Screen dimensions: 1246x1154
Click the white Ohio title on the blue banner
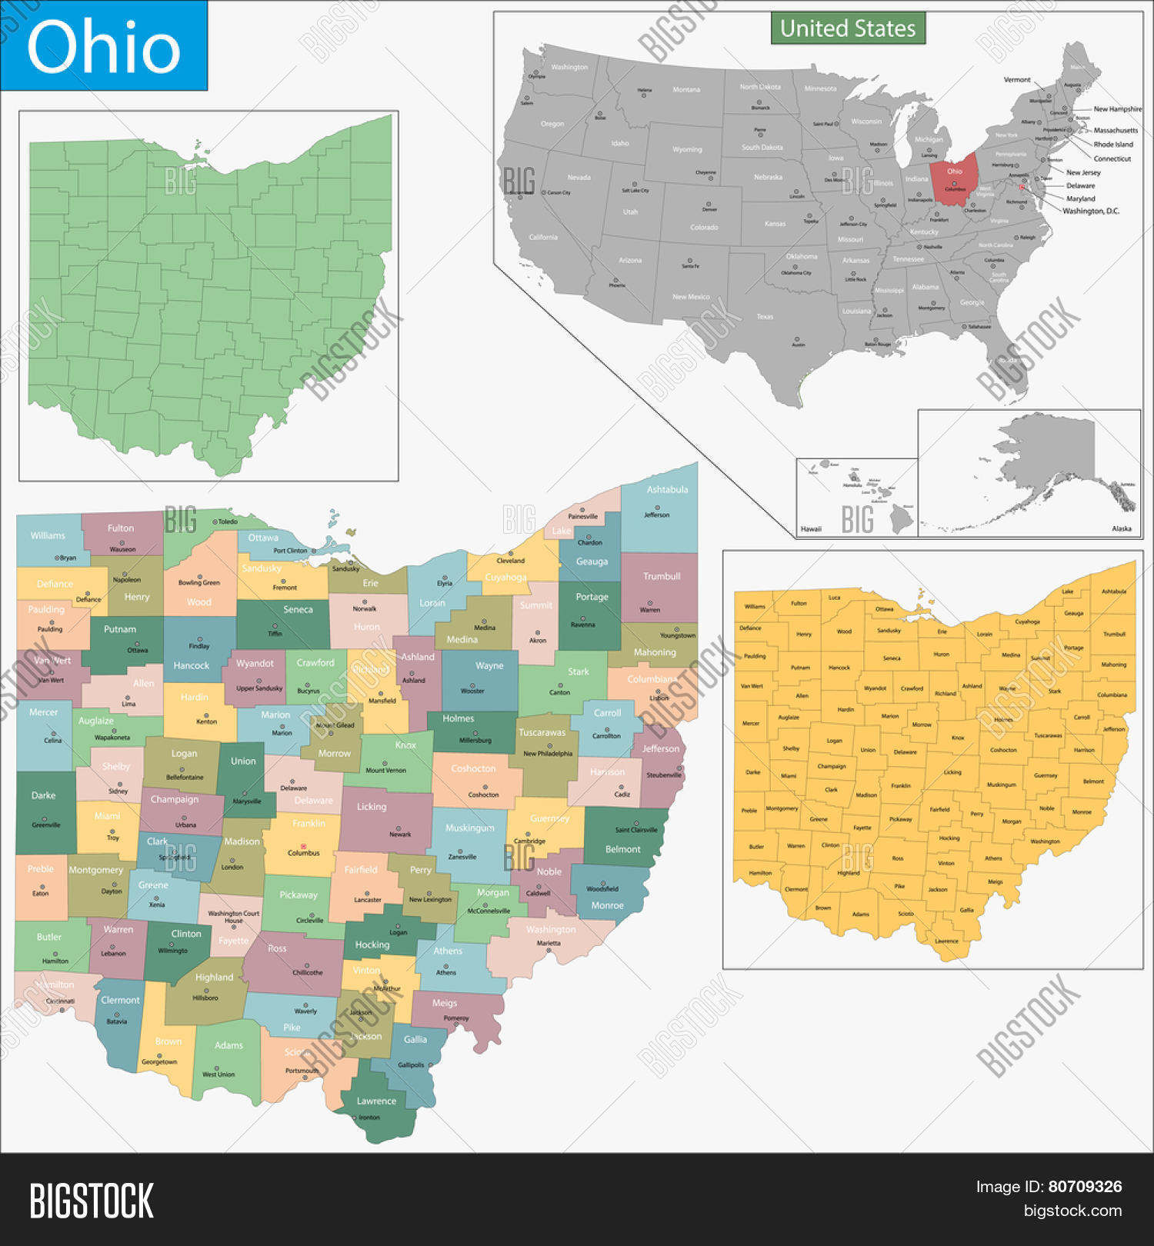(103, 46)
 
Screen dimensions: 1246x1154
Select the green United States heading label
(848, 28)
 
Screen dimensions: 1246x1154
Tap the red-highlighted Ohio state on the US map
(955, 179)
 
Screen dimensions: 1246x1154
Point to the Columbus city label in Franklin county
(303, 852)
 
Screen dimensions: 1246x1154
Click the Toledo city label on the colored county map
(227, 521)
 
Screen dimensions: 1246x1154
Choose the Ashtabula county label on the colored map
(667, 489)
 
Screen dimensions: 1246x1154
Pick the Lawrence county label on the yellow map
(946, 941)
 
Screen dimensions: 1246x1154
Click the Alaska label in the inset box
(1121, 528)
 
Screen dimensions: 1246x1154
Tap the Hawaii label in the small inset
(811, 528)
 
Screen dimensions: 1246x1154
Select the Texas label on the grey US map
(765, 316)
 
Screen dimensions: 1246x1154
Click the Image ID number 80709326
(1085, 1187)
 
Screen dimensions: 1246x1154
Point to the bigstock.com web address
(1072, 1211)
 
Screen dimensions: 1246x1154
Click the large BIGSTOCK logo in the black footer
(92, 1201)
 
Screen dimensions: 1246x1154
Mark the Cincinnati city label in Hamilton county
(60, 1001)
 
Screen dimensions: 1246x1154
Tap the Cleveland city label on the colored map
(510, 561)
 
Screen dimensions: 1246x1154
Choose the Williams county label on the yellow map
(755, 606)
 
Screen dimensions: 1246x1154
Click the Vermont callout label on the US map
(1016, 80)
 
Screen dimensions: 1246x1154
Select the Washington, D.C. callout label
(1090, 211)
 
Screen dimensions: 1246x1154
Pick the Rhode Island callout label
(1112, 144)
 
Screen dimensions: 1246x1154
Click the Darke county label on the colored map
(43, 795)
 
